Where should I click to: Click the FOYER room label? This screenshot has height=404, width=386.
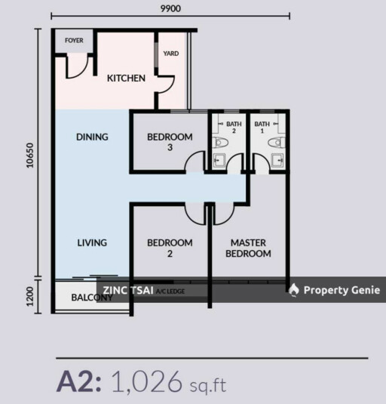74,41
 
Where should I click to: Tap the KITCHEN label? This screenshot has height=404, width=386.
126,78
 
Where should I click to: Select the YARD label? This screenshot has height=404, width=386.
171,54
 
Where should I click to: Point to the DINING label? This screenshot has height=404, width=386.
92,137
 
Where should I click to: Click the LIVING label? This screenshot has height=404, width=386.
92,242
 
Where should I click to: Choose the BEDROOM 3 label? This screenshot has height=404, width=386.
170,142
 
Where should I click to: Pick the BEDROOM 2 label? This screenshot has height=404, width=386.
170,248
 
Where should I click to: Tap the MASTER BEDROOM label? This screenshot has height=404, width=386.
249,248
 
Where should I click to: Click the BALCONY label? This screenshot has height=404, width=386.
92,298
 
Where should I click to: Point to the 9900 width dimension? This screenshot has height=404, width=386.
170,8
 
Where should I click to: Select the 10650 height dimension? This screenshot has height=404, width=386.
30,156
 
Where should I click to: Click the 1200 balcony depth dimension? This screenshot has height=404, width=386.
30,296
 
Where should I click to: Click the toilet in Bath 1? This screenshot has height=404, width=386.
277,143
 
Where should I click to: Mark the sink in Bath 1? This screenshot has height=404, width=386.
277,160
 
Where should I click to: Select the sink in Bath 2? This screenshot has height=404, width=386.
219,160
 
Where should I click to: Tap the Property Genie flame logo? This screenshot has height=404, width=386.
294,290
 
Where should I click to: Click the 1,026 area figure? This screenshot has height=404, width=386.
147,381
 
